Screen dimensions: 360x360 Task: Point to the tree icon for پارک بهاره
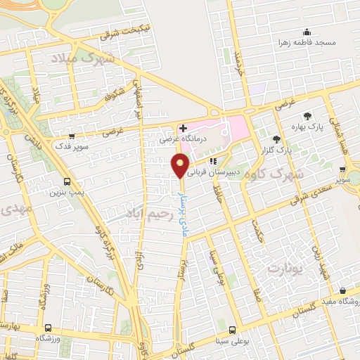(x=307, y=116)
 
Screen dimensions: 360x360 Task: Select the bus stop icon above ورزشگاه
(x=47, y=328)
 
